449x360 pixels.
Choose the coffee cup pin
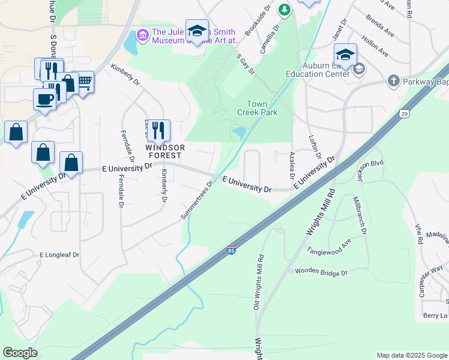(x=45, y=98)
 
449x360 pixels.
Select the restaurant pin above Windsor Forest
(x=158, y=130)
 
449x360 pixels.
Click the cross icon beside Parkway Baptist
(x=393, y=80)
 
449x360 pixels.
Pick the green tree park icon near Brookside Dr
(x=285, y=9)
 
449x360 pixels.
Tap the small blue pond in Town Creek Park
(x=238, y=131)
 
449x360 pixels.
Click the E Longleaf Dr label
(x=59, y=254)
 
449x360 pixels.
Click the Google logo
(x=20, y=353)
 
